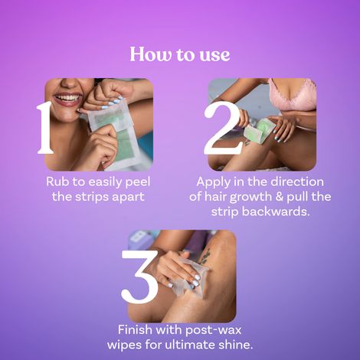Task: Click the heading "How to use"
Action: coord(180,54)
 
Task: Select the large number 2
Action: coord(224,126)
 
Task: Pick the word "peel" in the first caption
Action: coord(136,182)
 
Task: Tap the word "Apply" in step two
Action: coord(214,182)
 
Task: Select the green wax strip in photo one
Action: coord(115,142)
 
